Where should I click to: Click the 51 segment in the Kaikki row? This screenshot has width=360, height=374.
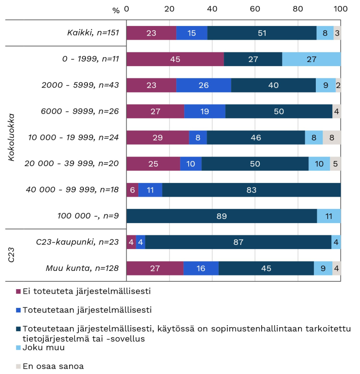coord(262,33)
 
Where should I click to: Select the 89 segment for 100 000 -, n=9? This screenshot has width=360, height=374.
coord(221,216)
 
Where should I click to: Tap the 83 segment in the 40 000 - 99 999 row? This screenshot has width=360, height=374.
coord(251,190)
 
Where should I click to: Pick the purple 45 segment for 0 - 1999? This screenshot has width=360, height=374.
coord(175,59)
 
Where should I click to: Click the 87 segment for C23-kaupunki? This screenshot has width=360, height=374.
coord(238,242)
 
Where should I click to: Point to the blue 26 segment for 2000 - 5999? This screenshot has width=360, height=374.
coord(204,85)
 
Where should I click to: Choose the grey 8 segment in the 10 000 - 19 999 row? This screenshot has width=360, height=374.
coord(332,137)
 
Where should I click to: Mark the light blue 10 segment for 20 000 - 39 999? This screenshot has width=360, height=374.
coord(319,164)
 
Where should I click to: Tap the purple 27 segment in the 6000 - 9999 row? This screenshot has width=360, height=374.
coord(155,111)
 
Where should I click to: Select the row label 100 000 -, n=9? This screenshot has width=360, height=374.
coord(88,216)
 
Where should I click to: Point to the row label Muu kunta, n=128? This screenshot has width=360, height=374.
coord(82,268)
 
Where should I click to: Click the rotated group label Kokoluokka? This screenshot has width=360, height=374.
coord(12,137)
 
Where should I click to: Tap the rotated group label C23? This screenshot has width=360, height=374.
coord(12,255)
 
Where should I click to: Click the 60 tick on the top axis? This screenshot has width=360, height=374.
coord(255,9)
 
